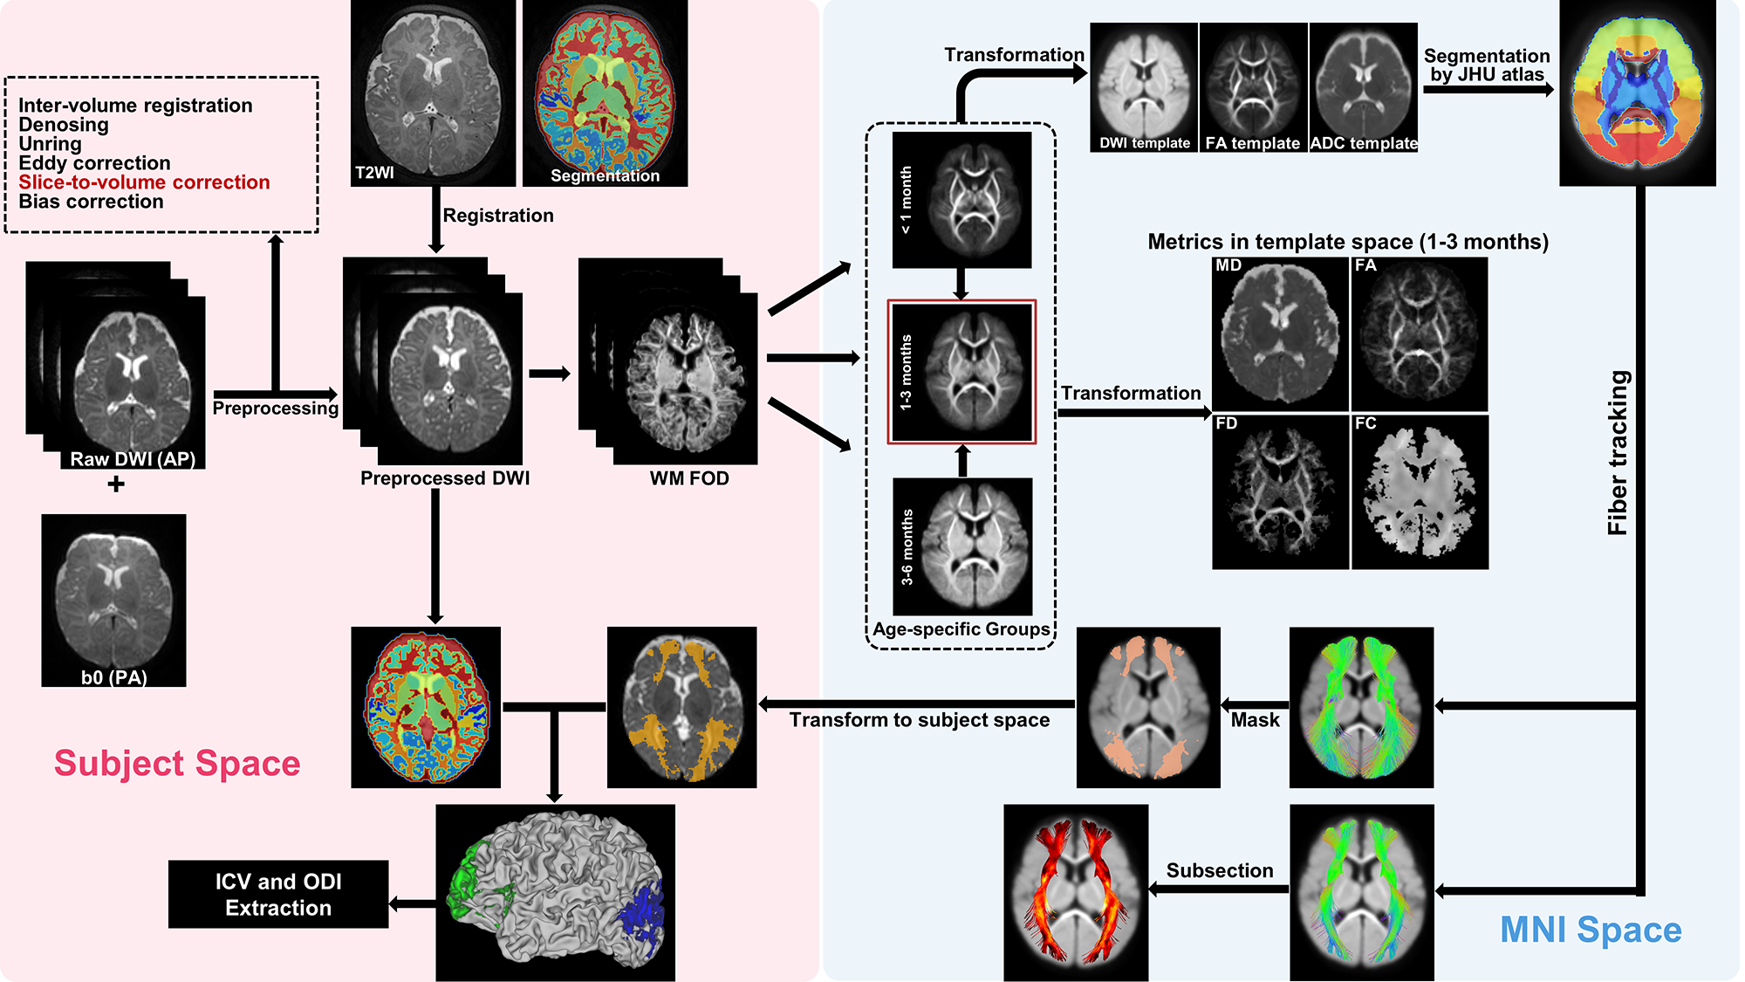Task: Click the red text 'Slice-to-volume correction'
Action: [x=144, y=182]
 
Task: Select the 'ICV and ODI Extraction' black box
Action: [x=278, y=894]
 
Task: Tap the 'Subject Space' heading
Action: [x=177, y=763]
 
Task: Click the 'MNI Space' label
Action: [x=1591, y=930]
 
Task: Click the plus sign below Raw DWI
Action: [x=116, y=484]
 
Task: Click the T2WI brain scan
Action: [x=433, y=93]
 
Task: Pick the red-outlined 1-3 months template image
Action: [x=961, y=372]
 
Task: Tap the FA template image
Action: [x=1253, y=87]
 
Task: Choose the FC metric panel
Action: [x=1420, y=491]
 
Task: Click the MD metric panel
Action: [x=1280, y=333]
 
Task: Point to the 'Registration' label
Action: [x=498, y=216]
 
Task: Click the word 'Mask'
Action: [x=1255, y=720]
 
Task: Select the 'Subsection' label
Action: [x=1220, y=870]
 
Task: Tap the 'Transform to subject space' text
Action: [x=920, y=720]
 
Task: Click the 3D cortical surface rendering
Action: [x=555, y=892]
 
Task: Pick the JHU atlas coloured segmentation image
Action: [x=1637, y=93]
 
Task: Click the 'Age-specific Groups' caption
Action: [x=961, y=629]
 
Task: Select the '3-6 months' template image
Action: [x=962, y=546]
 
